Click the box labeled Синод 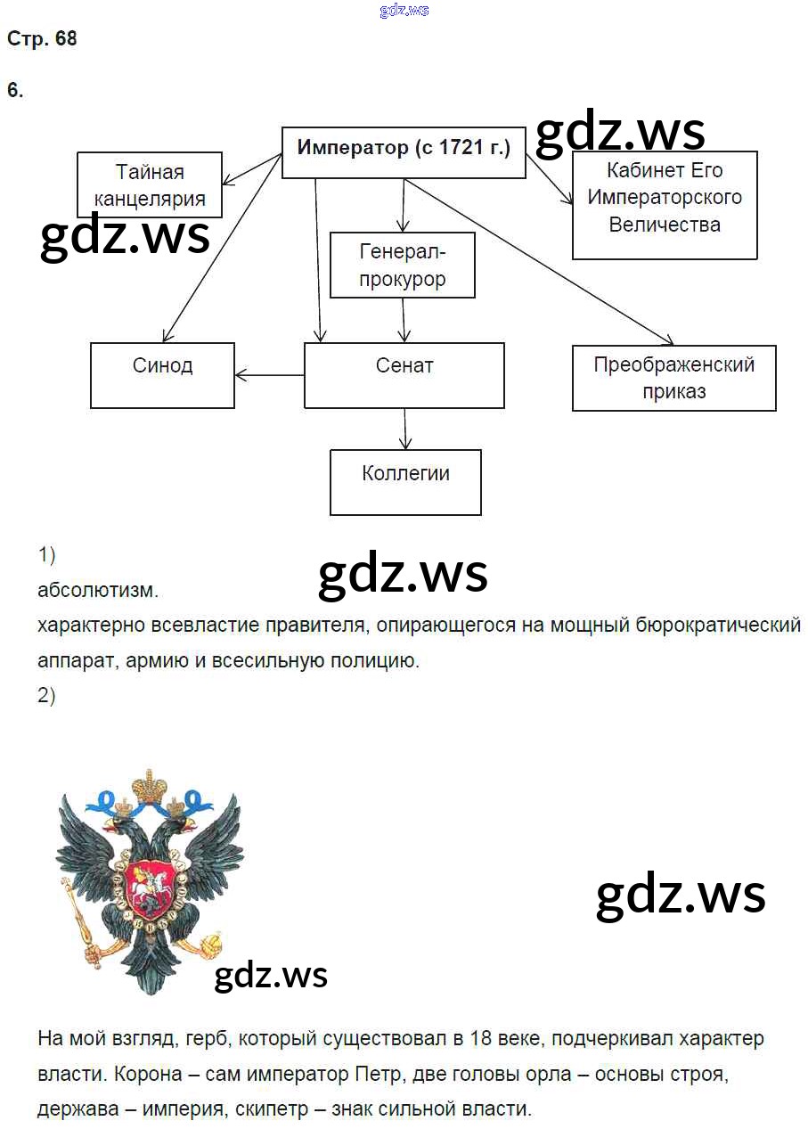162,375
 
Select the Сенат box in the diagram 404,375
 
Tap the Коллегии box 405,482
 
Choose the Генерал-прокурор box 403,266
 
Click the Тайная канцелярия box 150,184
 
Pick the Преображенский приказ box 673,378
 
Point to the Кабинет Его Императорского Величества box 665,205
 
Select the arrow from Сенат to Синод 269,375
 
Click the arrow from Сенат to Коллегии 405,429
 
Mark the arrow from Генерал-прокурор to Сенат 404,319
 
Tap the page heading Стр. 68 42,39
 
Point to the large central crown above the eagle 151,787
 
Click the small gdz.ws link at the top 404,10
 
